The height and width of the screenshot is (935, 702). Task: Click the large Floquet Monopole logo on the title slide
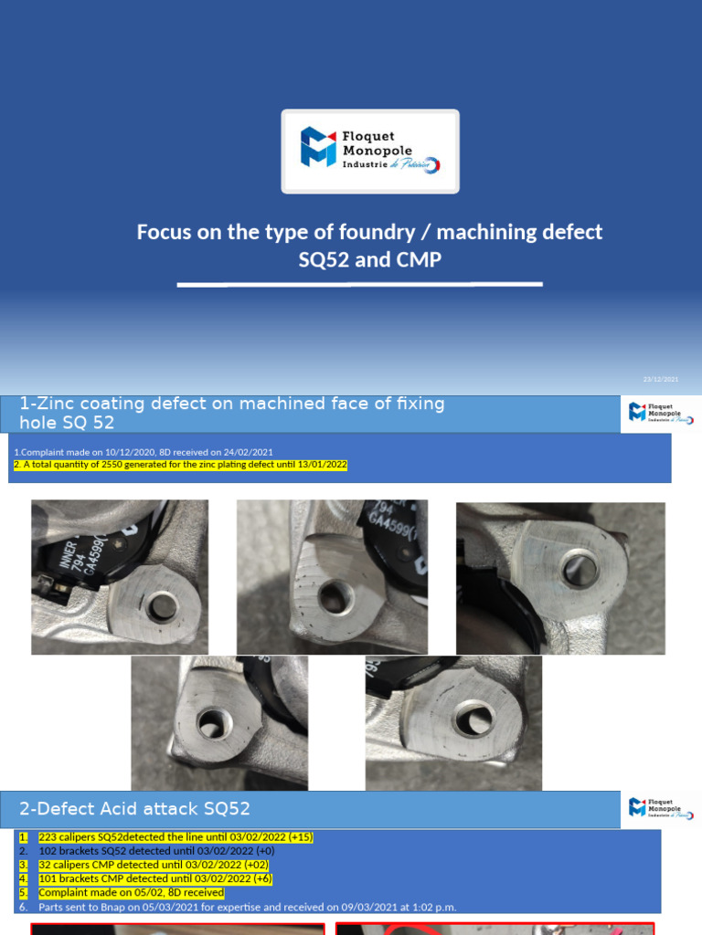(370, 151)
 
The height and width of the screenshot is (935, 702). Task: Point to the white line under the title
(359, 285)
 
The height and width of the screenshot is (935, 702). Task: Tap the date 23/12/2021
(661, 379)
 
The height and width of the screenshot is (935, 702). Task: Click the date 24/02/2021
(249, 452)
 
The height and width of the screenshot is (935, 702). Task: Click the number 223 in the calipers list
(47, 837)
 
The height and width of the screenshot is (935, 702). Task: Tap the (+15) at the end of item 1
(301, 837)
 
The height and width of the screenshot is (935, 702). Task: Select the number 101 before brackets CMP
(47, 878)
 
